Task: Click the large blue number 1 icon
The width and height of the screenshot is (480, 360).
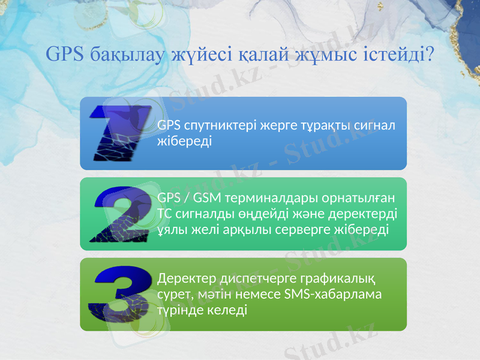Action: [120, 134]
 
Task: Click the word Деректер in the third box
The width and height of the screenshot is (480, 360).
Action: [185, 279]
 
